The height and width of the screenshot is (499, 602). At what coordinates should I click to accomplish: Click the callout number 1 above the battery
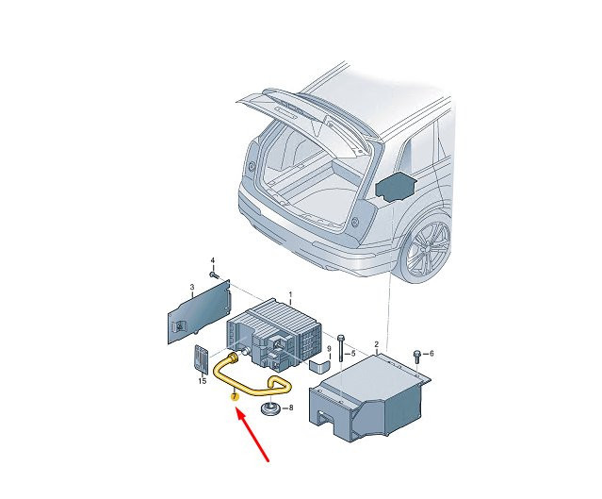(290, 294)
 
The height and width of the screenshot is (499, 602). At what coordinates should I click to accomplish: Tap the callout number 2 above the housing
(377, 344)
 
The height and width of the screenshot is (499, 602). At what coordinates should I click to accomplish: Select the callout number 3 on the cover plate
(192, 287)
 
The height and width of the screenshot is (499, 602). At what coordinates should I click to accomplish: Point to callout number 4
(213, 261)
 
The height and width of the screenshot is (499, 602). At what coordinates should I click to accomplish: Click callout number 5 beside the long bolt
(353, 354)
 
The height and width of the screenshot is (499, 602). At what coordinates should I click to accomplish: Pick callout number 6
(431, 354)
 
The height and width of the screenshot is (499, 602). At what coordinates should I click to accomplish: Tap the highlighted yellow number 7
(235, 396)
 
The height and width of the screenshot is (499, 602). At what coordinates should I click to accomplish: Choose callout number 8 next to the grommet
(290, 408)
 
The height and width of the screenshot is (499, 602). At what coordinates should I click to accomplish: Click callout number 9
(328, 349)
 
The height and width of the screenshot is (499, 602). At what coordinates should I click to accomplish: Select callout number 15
(203, 381)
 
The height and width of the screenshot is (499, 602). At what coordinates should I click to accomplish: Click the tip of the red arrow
(236, 409)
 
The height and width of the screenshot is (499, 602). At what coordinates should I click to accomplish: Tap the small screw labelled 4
(214, 275)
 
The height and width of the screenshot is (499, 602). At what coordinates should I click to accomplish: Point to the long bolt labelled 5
(340, 349)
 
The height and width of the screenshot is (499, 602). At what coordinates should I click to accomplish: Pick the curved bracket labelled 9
(319, 365)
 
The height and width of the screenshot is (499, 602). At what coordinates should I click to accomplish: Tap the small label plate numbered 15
(202, 358)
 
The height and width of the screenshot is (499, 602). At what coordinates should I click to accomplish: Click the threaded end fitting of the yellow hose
(234, 357)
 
